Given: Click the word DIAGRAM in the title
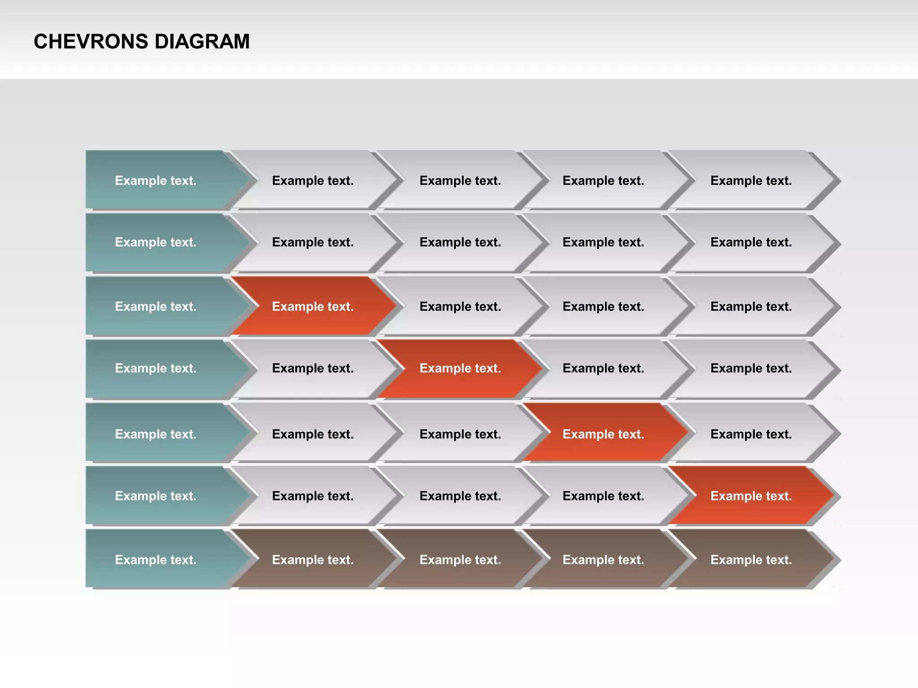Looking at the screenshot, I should coord(202,42).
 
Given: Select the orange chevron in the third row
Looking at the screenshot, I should coord(313,306).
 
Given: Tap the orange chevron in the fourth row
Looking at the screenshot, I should coord(460,368).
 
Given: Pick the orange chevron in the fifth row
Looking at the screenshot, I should coord(603,434).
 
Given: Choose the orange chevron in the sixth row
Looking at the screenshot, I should coord(751,496).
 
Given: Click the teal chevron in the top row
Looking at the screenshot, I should coord(156,181).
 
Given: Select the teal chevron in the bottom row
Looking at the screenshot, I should coord(156,559).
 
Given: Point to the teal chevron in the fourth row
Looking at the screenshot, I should coord(156,368).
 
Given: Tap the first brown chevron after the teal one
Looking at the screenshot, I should coord(313,559).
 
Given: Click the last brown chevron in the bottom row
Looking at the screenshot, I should coord(751,559).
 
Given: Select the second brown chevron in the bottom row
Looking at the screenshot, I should coord(460,559).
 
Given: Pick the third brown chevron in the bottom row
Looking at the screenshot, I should coord(603,559).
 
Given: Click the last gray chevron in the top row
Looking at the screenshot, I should coord(751,181).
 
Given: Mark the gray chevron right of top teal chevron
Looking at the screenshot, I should coord(313,181).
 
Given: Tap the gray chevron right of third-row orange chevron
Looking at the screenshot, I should coord(460,306).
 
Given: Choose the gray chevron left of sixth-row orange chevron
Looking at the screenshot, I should coord(603,496).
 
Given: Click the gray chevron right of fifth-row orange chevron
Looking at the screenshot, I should coord(751,434).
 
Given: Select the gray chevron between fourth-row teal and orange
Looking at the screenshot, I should coord(313,368).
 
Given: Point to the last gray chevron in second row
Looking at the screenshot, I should coord(751,242).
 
